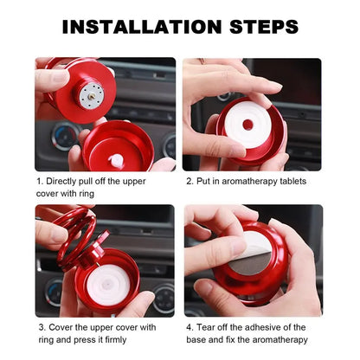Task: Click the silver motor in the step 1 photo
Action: click(x=90, y=95)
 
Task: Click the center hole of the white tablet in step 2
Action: click(x=248, y=125)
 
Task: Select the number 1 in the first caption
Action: click(x=39, y=181)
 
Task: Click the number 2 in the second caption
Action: click(x=190, y=181)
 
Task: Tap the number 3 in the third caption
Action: click(x=39, y=327)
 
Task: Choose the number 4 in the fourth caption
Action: click(x=190, y=327)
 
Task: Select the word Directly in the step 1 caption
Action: click(x=66, y=181)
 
